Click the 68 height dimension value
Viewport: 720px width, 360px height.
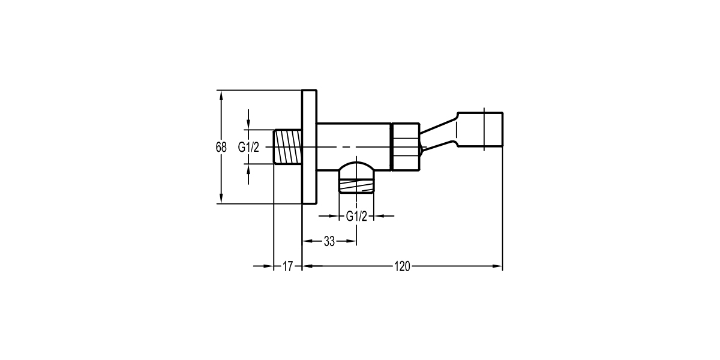221,147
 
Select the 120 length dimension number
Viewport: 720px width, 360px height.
402,266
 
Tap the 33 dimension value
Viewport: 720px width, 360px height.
329,241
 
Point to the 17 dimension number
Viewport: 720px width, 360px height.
287,266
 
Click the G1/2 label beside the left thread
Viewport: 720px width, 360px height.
248,147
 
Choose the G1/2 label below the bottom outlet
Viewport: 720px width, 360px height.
356,217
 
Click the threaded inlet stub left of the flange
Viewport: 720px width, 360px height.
287,146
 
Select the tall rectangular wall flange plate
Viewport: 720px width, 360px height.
309,147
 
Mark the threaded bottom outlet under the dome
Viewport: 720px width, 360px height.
356,182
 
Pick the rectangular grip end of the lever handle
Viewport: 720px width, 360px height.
480,129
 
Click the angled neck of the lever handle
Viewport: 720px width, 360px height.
438,135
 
